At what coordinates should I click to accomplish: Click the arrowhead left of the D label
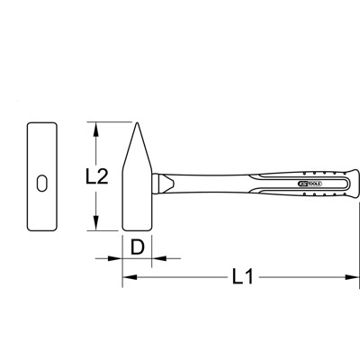116,257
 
